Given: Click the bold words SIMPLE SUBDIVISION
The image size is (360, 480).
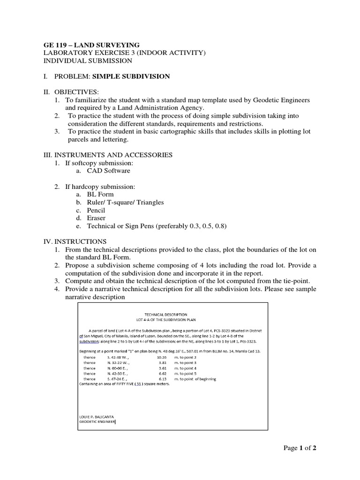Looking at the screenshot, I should (x=131, y=76).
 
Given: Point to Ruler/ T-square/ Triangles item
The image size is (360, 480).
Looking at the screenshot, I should (x=125, y=202).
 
